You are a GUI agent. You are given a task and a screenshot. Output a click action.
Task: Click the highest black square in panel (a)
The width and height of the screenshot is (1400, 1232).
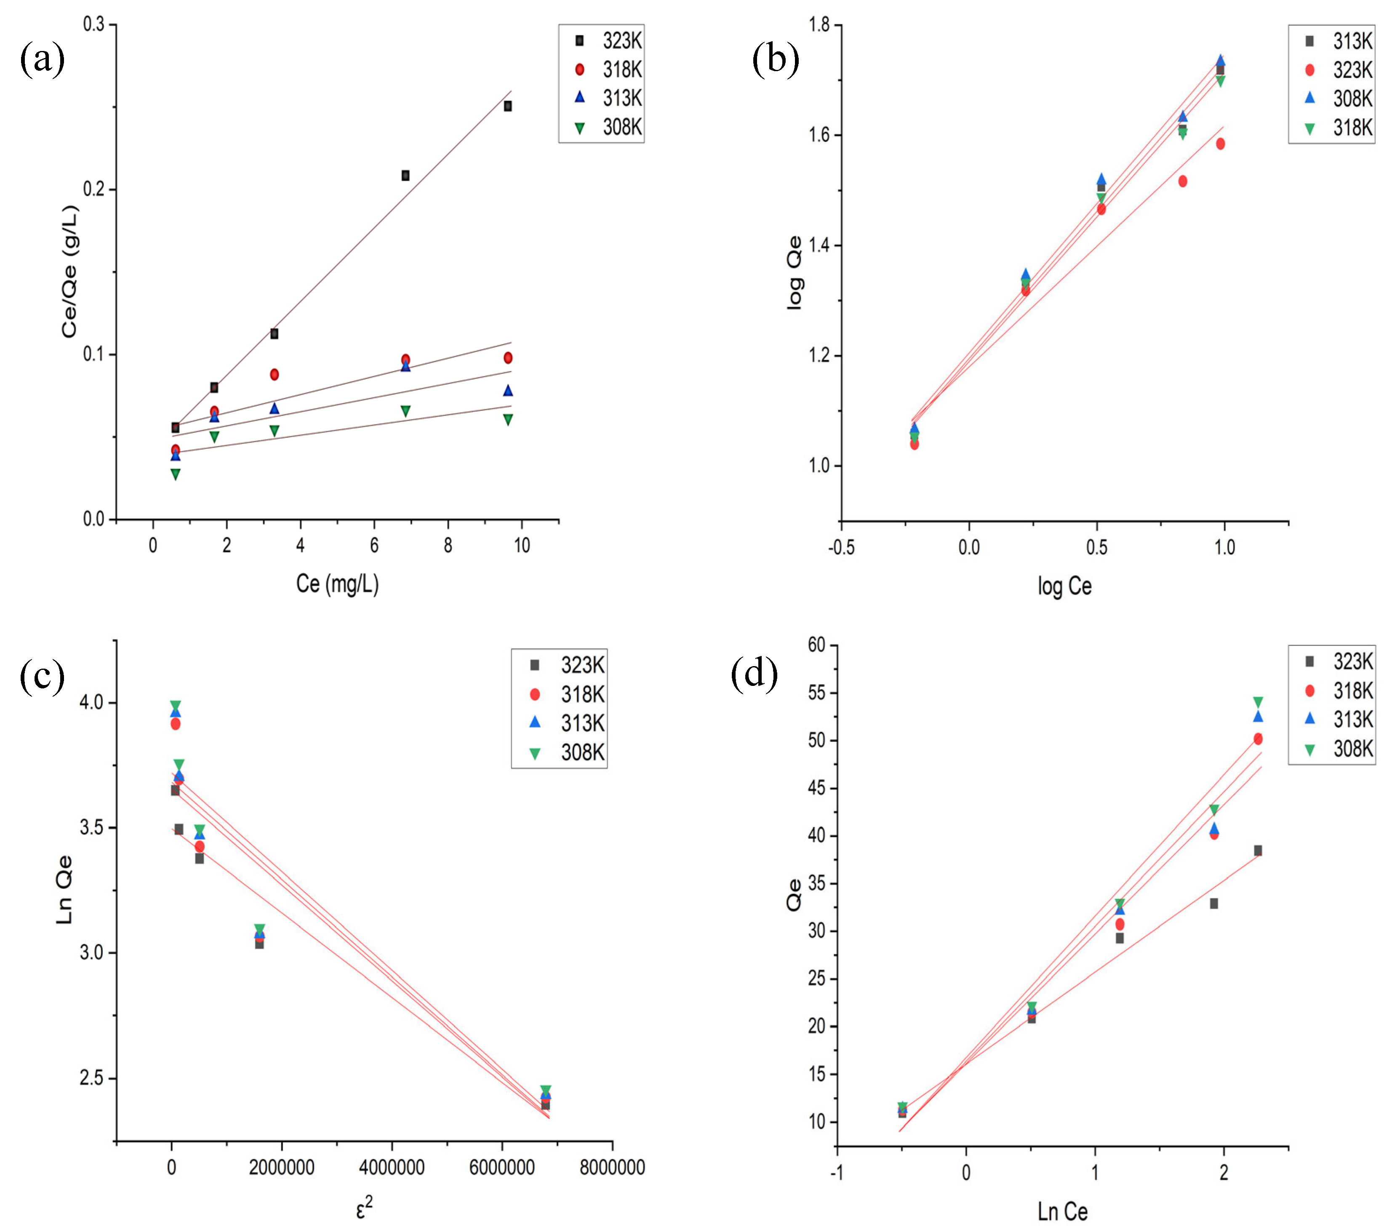tap(507, 106)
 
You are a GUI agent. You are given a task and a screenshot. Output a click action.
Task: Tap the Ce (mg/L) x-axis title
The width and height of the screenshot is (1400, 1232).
tap(337, 584)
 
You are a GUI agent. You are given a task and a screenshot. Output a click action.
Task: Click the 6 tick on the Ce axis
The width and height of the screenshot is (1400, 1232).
tap(374, 546)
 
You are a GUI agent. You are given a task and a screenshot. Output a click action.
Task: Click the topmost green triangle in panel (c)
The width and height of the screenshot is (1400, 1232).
tap(175, 705)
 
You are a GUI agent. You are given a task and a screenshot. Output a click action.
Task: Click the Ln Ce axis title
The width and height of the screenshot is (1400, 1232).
tap(1062, 1211)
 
